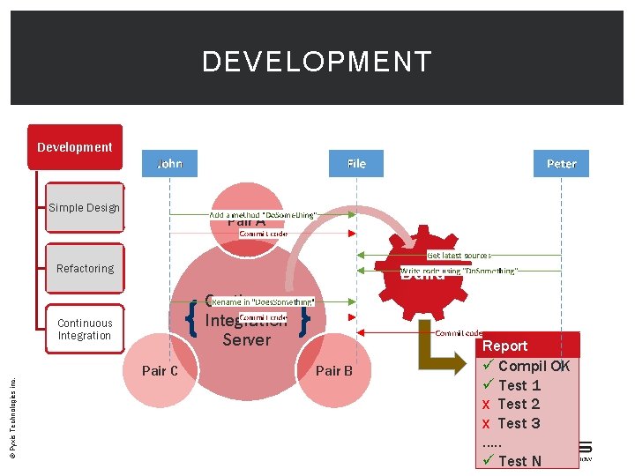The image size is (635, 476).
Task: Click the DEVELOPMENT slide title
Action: click(317, 62)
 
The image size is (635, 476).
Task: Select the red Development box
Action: click(75, 147)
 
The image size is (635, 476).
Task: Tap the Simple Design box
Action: click(84, 208)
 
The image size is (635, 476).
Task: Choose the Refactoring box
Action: click(85, 268)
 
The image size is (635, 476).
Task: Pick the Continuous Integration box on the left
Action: click(85, 329)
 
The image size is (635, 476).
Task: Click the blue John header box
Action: click(169, 164)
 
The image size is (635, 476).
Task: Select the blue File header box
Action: click(356, 164)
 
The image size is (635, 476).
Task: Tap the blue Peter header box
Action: click(561, 164)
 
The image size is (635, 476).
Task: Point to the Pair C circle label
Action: click(160, 370)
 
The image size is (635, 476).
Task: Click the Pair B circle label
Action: click(334, 370)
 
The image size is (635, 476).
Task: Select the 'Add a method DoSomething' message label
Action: click(263, 215)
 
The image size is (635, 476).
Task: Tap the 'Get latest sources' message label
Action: click(459, 255)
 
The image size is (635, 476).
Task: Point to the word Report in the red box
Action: click(504, 346)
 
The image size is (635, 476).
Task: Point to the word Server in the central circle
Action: click(246, 339)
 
